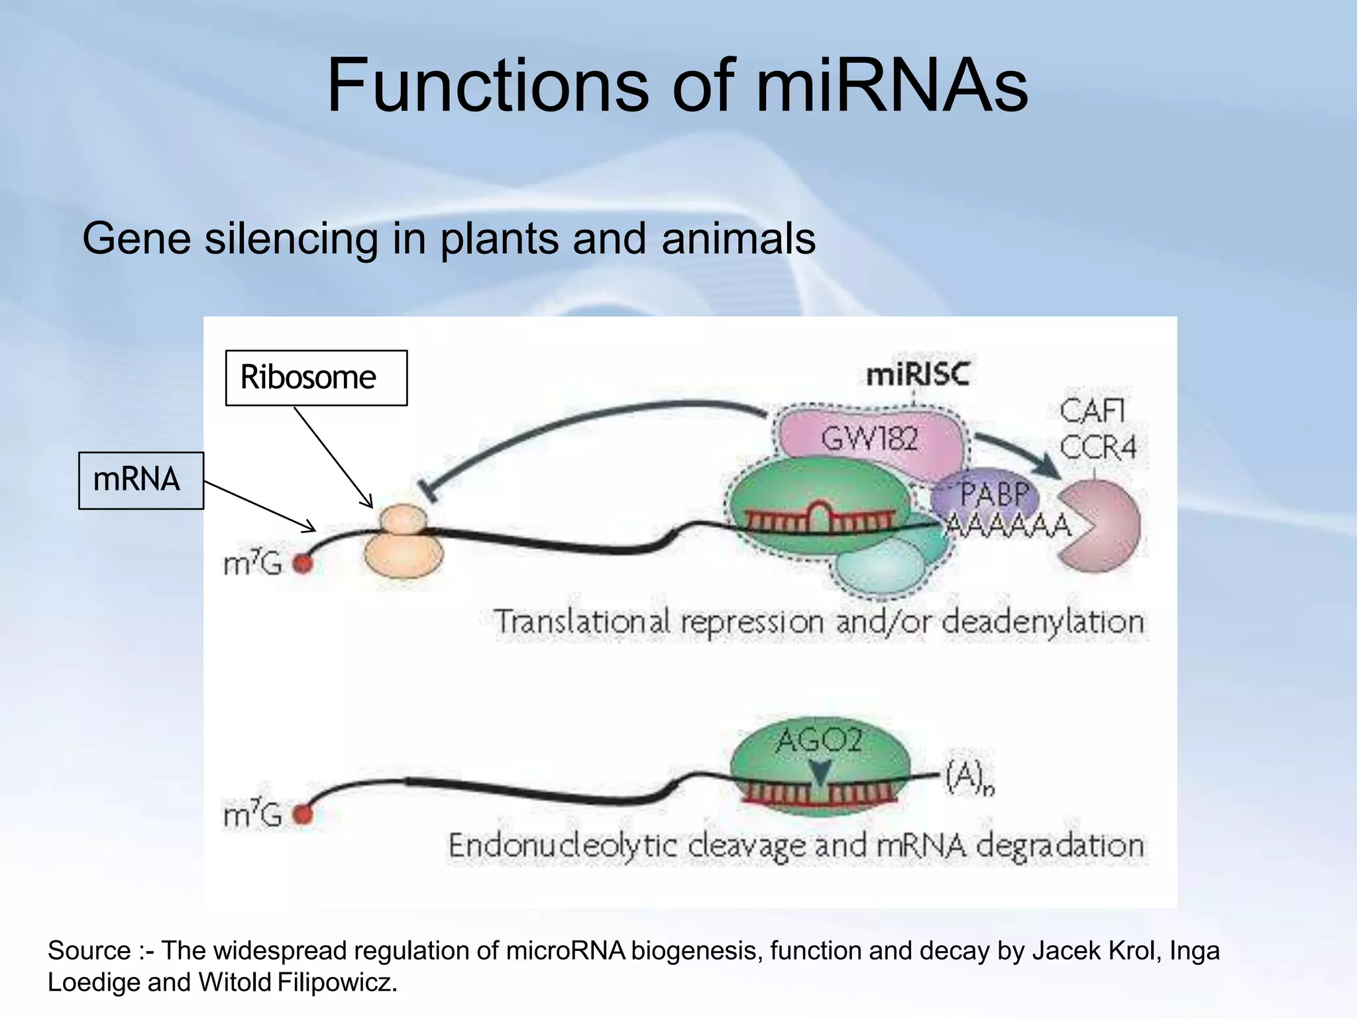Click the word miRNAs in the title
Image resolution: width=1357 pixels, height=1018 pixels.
click(892, 86)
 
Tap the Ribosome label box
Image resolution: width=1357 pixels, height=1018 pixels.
click(316, 378)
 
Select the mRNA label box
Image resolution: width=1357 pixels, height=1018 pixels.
click(140, 481)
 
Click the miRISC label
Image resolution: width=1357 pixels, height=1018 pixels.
click(918, 375)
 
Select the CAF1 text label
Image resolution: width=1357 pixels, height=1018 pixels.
click(1092, 411)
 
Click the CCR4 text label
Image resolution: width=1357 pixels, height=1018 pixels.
click(1097, 447)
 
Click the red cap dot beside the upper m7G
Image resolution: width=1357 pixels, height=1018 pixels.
click(303, 563)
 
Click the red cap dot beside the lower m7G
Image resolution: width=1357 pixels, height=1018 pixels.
click(303, 814)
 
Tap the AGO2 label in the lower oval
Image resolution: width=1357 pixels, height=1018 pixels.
click(819, 740)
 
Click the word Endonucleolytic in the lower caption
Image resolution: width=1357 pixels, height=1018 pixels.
click(563, 846)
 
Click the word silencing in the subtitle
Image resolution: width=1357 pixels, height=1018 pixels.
click(291, 239)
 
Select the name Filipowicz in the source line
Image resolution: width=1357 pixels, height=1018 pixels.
click(335, 982)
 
